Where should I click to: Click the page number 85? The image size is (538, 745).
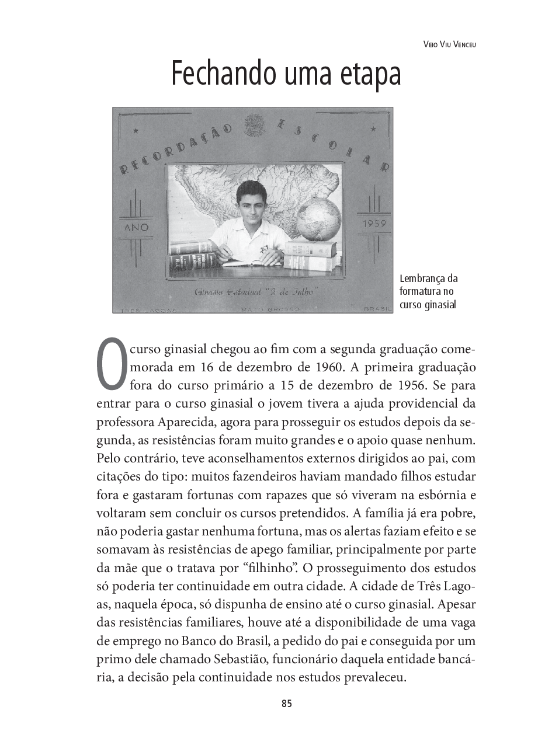286,704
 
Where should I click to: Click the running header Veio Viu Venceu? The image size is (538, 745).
449,44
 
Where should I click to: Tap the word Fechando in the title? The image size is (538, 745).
223,75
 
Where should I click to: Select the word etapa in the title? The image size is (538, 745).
372,75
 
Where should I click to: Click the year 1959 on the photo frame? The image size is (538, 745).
374,224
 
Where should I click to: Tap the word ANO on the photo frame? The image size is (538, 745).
137,227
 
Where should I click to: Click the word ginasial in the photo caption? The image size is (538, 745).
439,304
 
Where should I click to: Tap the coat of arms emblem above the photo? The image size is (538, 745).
254,124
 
